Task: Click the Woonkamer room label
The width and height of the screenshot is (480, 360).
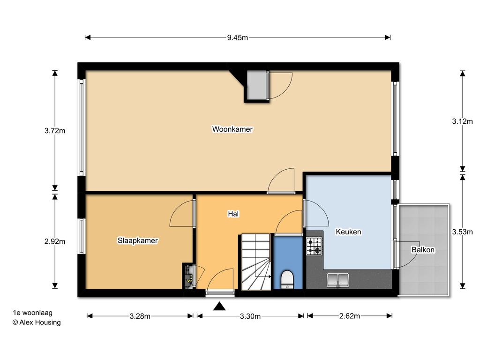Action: (232, 129)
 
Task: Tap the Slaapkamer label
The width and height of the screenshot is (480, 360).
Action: (137, 240)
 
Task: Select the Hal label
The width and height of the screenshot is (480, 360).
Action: (233, 214)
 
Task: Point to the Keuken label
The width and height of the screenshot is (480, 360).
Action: (348, 232)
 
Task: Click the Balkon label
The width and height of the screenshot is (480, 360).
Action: (423, 250)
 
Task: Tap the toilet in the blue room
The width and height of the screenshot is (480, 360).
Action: (287, 279)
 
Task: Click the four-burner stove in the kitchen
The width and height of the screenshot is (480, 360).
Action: (315, 246)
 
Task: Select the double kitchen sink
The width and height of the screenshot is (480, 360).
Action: (337, 280)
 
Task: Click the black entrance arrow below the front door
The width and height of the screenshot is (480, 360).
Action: (219, 306)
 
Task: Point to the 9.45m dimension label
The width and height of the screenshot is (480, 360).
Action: (237, 37)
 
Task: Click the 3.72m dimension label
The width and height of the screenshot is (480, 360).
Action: (55, 131)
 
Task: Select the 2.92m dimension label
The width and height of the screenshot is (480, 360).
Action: (55, 241)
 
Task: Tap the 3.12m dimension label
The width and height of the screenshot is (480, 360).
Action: (462, 121)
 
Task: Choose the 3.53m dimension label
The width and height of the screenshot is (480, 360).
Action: (462, 232)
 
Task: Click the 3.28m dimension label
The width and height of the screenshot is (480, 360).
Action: (140, 316)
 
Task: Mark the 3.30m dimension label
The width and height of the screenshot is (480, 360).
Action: (250, 316)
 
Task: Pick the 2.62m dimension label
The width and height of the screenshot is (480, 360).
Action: (350, 316)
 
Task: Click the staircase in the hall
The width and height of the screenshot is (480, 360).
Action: (256, 262)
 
